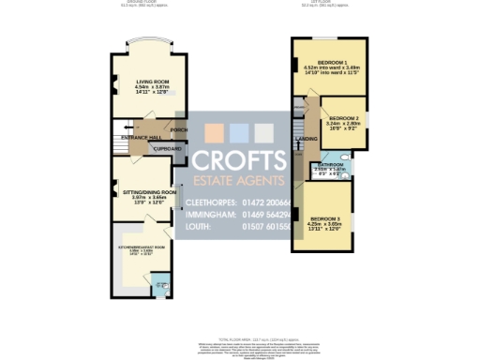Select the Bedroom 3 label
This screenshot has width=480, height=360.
pyautogui.click(x=324, y=218)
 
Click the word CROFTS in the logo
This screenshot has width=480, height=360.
pyautogui.click(x=240, y=159)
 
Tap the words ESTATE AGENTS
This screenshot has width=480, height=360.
pyautogui.click(x=240, y=180)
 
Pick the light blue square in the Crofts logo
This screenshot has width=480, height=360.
pyautogui.click(x=240, y=131)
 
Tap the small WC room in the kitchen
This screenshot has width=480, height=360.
pyautogui.click(x=161, y=279)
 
